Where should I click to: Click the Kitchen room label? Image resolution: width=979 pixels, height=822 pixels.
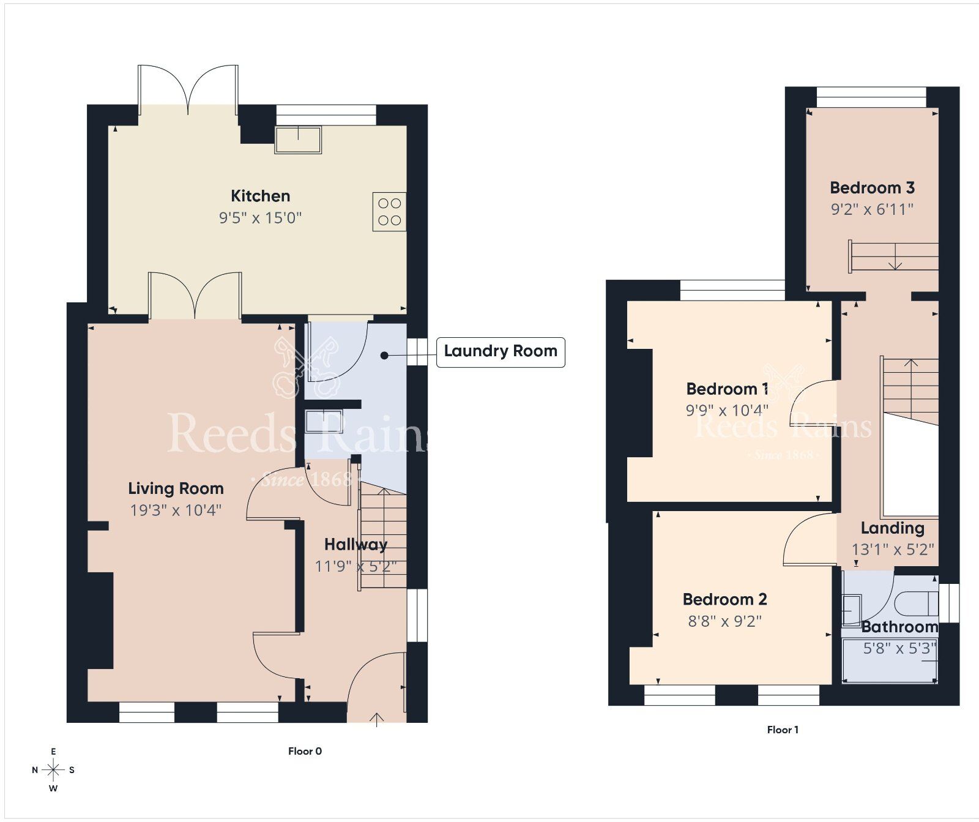(x=260, y=196)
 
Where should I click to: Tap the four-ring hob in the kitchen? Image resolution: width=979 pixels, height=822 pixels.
(x=389, y=212)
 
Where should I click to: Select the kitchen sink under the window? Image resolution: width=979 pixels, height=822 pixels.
(x=298, y=140)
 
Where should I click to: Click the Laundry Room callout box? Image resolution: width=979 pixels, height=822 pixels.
(x=500, y=351)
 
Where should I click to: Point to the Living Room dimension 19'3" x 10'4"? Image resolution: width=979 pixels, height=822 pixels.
(x=176, y=510)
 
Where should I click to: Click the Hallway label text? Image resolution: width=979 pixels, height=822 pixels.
(x=355, y=544)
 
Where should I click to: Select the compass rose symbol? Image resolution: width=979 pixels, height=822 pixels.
(x=53, y=770)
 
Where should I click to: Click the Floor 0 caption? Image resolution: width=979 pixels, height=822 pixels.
(x=305, y=751)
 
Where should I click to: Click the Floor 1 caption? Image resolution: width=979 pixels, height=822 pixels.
(x=783, y=730)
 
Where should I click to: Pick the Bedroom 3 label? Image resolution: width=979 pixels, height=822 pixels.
(x=872, y=187)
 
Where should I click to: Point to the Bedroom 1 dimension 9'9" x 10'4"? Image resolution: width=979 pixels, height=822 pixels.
(x=726, y=410)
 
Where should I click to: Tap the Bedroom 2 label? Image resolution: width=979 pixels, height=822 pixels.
(x=724, y=599)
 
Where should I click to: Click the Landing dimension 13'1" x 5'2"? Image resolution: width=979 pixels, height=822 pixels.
(x=893, y=549)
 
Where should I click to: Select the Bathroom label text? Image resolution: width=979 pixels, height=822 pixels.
(x=899, y=627)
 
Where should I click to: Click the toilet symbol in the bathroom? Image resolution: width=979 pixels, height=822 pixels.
(x=917, y=603)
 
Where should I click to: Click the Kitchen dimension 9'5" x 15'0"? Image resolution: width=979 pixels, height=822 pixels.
(x=260, y=217)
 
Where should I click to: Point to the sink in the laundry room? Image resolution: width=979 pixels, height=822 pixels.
(x=323, y=422)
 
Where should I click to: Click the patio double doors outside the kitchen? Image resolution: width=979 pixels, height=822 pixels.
(x=188, y=89)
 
